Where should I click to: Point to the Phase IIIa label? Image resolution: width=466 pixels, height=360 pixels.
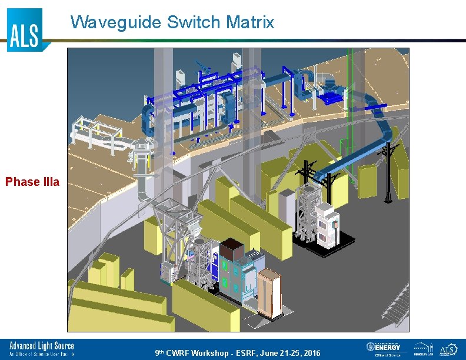[32, 182]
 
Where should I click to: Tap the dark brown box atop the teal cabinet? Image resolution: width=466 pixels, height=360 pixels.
[232, 250]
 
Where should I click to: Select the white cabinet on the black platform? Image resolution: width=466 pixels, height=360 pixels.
[326, 226]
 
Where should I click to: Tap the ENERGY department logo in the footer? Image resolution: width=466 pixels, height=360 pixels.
[384, 349]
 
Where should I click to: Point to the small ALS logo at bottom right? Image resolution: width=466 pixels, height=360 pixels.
[448, 349]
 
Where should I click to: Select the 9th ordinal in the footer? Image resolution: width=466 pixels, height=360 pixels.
[159, 353]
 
